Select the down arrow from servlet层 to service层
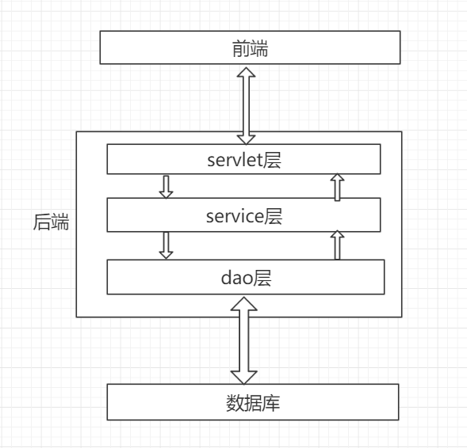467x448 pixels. (166, 186)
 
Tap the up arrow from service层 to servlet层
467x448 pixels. (337, 187)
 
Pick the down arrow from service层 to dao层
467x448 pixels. (166, 245)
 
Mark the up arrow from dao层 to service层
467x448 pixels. (337, 245)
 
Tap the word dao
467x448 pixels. (234, 278)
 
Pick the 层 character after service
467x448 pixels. (274, 214)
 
